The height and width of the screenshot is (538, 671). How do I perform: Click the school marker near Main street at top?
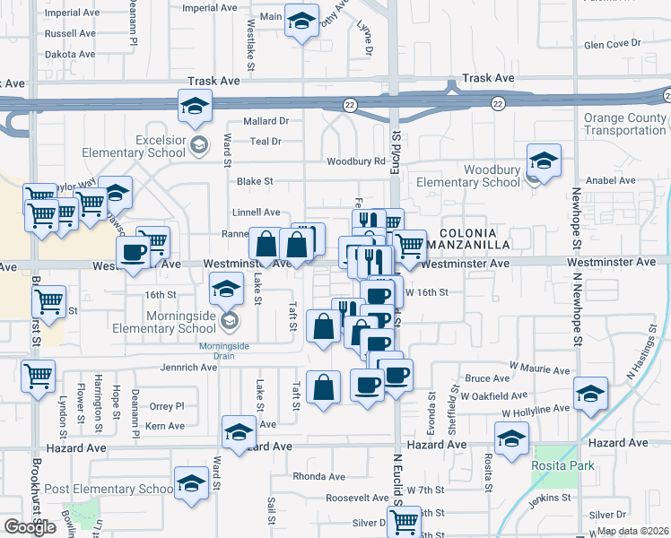pyautogui.click(x=301, y=20)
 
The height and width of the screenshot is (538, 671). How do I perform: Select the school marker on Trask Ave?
pyautogui.click(x=195, y=106)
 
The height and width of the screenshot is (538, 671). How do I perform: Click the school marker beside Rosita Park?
pyautogui.click(x=511, y=439)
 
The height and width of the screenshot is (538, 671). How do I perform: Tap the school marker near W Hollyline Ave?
pyautogui.click(x=590, y=394)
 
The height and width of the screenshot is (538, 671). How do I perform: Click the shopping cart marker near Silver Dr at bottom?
pyautogui.click(x=405, y=520)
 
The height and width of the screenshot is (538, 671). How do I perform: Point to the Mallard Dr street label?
pyautogui.click(x=266, y=121)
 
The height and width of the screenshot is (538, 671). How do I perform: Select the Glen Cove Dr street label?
pyautogui.click(x=614, y=43)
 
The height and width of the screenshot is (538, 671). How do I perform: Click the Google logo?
pyautogui.click(x=30, y=527)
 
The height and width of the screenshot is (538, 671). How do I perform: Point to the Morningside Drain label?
pyautogui.click(x=223, y=346)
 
